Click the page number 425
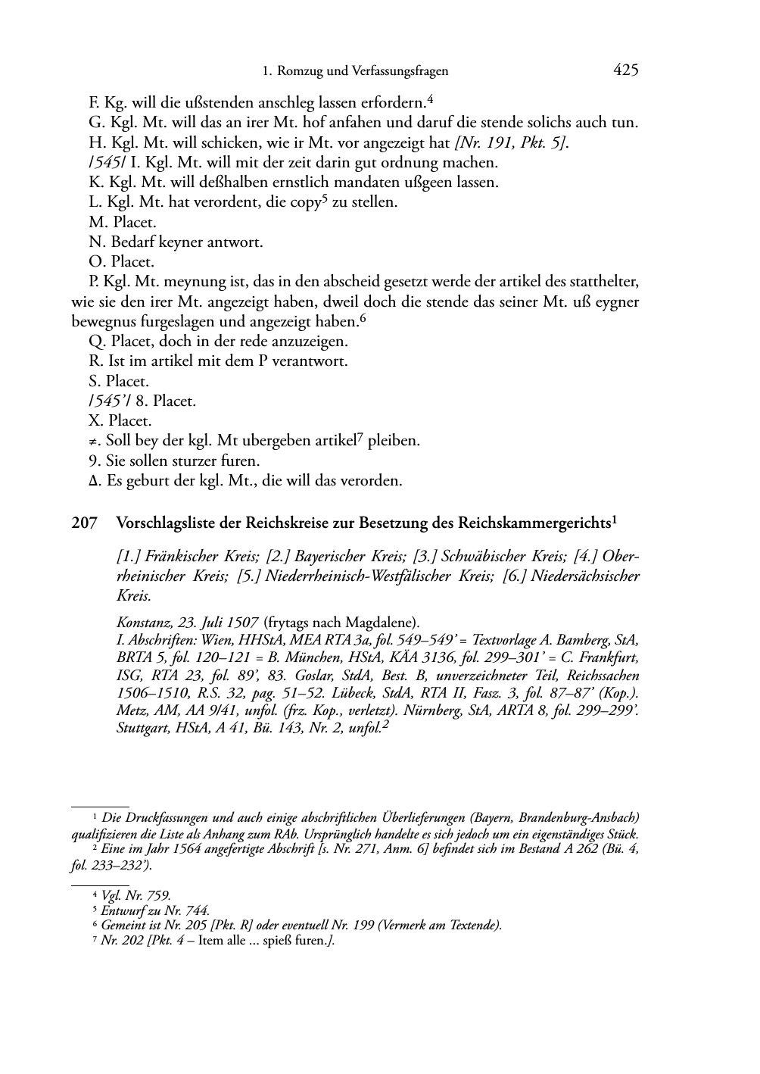(626, 70)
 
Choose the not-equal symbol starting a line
(95, 441)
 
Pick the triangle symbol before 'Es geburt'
(93, 481)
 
